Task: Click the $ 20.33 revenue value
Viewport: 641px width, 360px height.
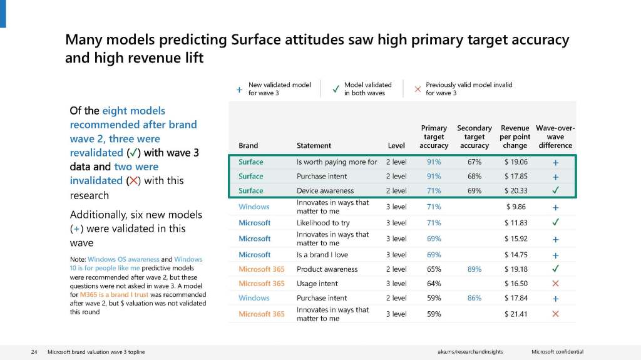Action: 515,190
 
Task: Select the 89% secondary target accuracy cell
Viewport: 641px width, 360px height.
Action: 474,269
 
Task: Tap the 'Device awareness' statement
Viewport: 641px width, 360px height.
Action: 325,190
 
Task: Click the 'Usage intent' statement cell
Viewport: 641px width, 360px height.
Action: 317,284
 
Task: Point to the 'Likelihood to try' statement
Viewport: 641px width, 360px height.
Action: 324,223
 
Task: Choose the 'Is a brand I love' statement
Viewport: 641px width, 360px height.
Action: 322,255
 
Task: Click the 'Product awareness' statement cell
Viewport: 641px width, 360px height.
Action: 327,269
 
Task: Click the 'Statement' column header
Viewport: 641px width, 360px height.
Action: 314,145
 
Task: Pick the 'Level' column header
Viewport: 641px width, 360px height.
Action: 396,145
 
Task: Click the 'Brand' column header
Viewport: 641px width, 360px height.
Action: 248,145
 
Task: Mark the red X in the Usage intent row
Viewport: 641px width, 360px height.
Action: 555,284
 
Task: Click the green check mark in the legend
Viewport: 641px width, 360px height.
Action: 336,89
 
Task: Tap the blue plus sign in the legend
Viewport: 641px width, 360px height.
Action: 239,89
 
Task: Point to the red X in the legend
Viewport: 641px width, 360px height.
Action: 418,89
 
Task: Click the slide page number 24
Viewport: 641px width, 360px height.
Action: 34,352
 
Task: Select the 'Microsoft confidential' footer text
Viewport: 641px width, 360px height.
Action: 557,352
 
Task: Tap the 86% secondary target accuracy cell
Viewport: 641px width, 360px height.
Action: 474,298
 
